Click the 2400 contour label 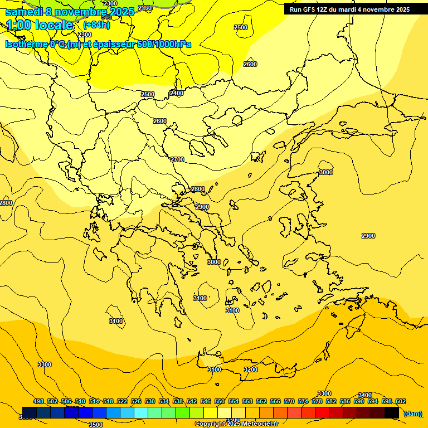(177, 93)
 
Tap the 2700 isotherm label (177, 160)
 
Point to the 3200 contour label (251, 369)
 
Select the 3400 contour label (364, 395)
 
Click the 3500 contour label (95, 424)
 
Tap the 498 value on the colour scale (38, 401)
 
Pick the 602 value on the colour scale (401, 401)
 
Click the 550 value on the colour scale (220, 401)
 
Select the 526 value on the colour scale (136, 401)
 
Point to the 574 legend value (303, 401)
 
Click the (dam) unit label (412, 414)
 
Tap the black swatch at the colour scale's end (392, 412)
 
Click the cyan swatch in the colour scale (141, 412)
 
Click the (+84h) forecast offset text (96, 25)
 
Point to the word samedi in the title (24, 11)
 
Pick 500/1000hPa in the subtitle (164, 44)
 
